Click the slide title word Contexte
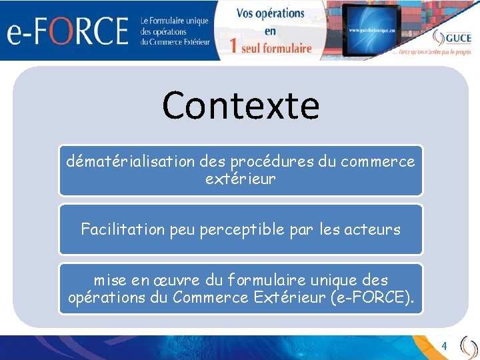coord(240,105)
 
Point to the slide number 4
coord(445,346)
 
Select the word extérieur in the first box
coord(240,179)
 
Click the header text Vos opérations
coord(270,14)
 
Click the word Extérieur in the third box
coord(292,297)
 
